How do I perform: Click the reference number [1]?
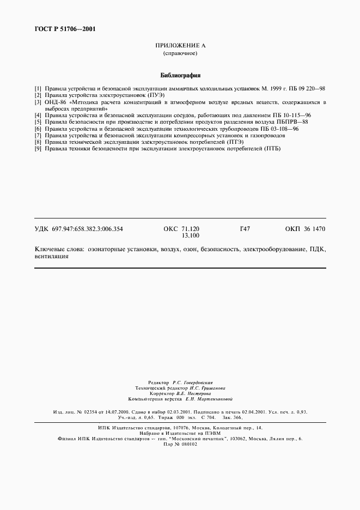pyautogui.click(x=38, y=88)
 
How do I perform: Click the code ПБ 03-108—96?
pyautogui.click(x=279, y=129)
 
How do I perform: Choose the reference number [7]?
pyautogui.click(x=38, y=135)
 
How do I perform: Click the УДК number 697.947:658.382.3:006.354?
pyautogui.click(x=87, y=229)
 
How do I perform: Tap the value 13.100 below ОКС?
pyautogui.click(x=190, y=236)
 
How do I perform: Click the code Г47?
pyautogui.click(x=245, y=229)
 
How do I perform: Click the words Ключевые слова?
pyautogui.click(x=58, y=248)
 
